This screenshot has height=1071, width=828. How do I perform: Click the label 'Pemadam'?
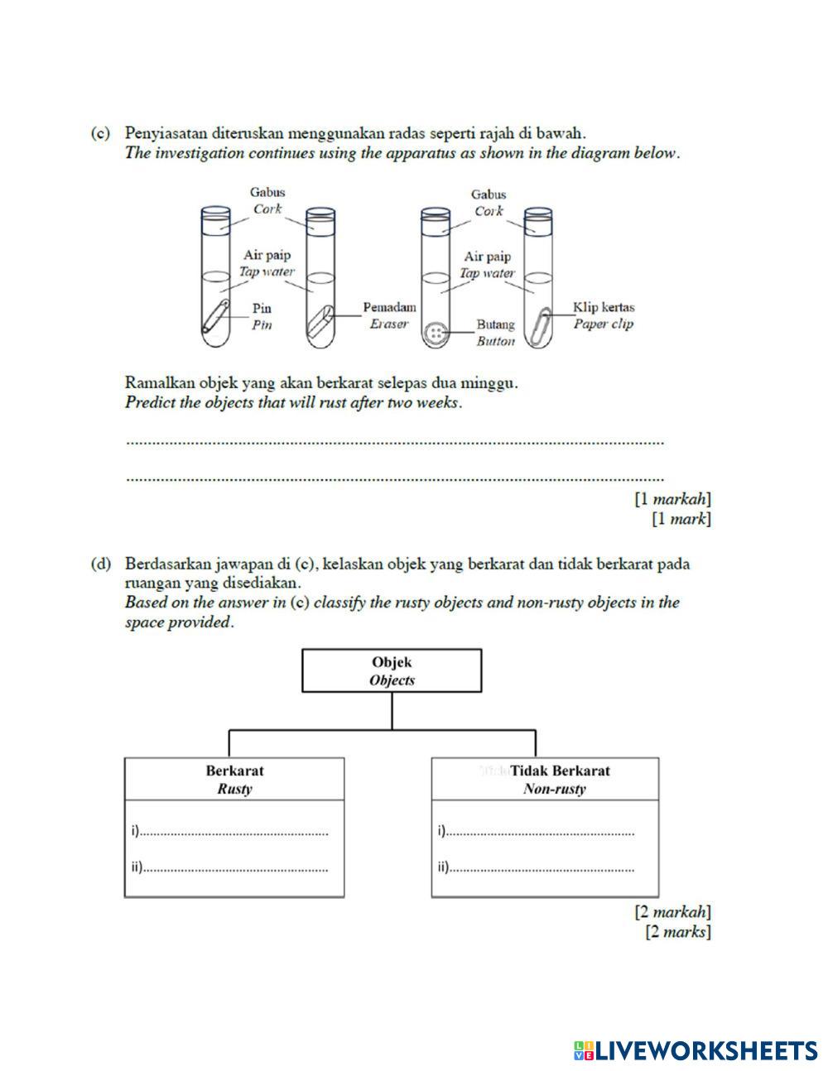click(389, 307)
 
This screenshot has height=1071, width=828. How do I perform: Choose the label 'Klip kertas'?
click(604, 307)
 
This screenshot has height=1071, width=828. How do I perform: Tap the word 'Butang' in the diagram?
click(495, 324)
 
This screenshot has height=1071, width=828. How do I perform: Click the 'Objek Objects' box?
click(392, 670)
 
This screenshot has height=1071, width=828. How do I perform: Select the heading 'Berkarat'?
click(234, 771)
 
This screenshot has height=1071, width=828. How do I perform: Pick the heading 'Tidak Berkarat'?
click(560, 771)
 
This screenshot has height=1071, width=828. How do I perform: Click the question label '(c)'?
click(100, 132)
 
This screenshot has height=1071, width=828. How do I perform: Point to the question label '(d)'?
click(100, 564)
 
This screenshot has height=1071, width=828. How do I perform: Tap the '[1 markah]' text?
click(672, 499)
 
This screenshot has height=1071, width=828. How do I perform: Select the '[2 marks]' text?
click(677, 932)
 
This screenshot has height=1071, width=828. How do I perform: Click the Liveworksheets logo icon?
click(584, 1051)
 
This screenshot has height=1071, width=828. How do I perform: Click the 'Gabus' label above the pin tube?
click(267, 192)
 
